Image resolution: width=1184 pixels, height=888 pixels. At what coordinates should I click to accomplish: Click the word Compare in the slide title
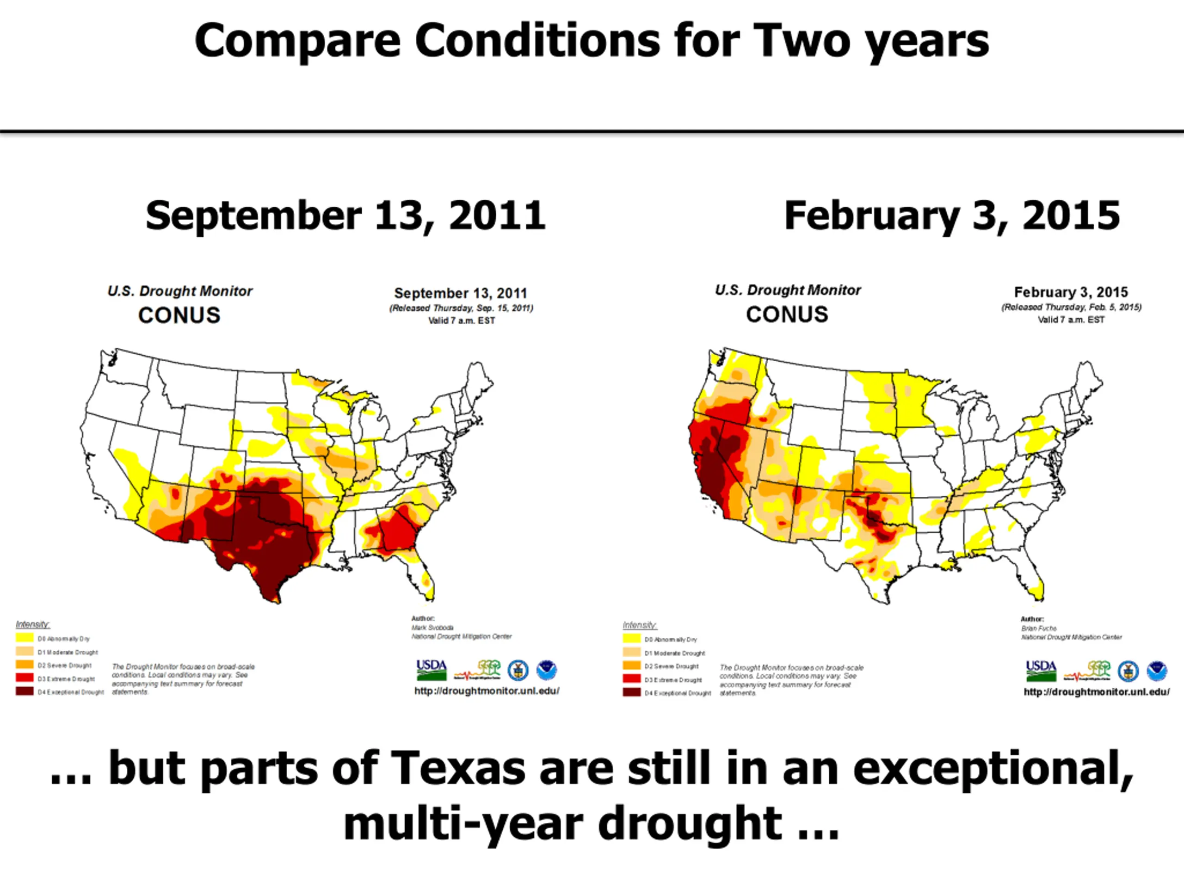coord(297,42)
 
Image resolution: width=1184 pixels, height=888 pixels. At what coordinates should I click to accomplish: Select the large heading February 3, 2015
coord(952,215)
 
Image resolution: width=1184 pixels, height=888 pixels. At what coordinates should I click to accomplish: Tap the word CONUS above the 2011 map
coord(179,315)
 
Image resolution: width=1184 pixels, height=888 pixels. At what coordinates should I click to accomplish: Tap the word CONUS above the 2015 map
coord(787,314)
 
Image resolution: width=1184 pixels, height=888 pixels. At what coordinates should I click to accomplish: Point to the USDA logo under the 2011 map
coord(432,670)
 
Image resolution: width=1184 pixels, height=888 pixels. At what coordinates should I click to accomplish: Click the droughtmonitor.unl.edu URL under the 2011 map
coord(487,691)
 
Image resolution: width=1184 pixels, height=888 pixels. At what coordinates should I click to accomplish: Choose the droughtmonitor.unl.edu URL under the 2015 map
coord(1096,692)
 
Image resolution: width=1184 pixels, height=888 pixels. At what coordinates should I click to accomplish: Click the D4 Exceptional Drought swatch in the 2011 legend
coord(25,691)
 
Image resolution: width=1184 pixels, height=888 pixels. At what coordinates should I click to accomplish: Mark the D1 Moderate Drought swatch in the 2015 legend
coord(632,653)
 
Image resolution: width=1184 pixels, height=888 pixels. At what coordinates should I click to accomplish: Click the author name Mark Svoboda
coord(432,627)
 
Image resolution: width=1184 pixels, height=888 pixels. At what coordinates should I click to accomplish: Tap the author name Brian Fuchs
coord(1039,629)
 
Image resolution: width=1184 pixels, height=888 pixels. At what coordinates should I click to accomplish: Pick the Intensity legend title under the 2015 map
coord(639,625)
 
